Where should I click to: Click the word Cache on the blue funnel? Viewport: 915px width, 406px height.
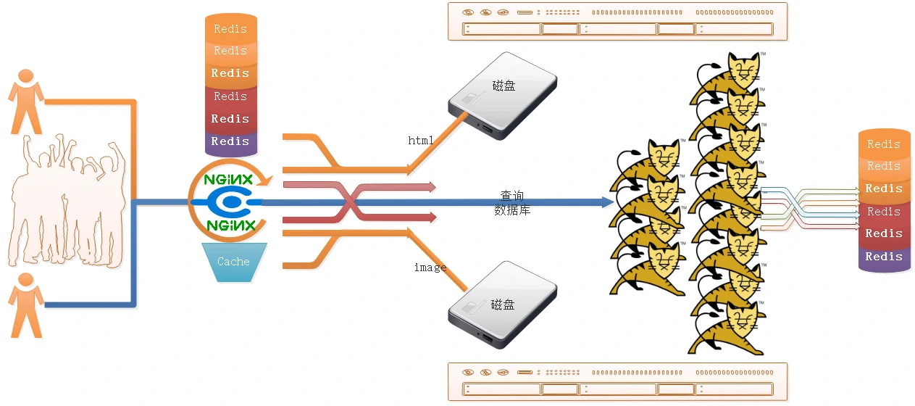click(233, 262)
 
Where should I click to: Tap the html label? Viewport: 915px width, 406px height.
click(420, 141)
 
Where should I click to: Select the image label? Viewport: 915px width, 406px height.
click(430, 268)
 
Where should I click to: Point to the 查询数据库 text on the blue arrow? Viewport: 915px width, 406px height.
click(511, 203)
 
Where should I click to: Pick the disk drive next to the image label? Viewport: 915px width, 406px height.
click(502, 304)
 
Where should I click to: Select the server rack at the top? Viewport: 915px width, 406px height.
click(617, 21)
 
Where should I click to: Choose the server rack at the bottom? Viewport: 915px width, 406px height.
click(617, 381)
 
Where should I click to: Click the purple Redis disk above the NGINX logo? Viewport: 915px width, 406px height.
click(230, 142)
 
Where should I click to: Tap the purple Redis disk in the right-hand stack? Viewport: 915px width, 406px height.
click(884, 257)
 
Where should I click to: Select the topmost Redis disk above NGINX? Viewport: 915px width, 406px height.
click(230, 29)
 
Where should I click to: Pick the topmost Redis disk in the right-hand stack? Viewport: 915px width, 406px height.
click(884, 144)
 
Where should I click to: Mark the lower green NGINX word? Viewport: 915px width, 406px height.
click(231, 225)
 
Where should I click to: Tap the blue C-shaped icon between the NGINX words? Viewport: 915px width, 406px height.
click(229, 202)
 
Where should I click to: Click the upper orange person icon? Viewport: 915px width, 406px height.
click(26, 101)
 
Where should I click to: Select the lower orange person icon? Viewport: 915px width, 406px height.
click(26, 304)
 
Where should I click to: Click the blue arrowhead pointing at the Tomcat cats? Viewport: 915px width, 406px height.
click(607, 202)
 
